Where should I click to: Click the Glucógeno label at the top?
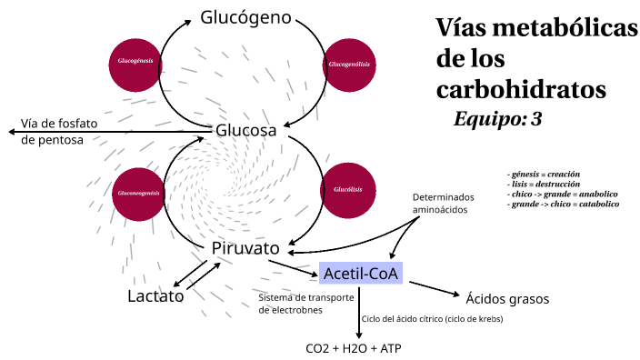pos(246,17)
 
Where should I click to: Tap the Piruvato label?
pos(245,248)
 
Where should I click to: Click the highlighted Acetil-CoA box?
pos(361,272)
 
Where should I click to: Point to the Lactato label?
pos(155,296)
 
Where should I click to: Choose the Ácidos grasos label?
pos(507,298)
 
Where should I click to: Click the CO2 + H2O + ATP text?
pos(354,349)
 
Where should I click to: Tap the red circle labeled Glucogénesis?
pos(135,64)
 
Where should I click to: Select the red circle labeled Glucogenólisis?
pos(350,64)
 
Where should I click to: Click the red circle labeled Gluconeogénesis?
pos(138,193)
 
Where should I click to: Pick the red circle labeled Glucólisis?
pos(349,190)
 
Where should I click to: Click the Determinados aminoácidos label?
pos(443,203)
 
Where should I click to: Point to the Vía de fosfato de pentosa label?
pos(58,132)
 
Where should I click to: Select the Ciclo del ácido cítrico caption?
pos(432,319)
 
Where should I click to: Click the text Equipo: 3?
pos(497,119)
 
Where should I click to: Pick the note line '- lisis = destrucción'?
pos(545,184)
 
